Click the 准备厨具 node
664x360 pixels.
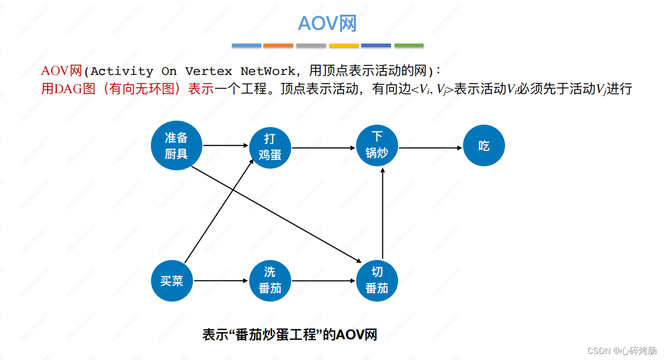pyautogui.click(x=176, y=145)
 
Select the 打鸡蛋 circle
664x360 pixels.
pyautogui.click(x=270, y=147)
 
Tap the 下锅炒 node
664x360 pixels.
pyautogui.click(x=377, y=145)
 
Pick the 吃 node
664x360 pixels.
pyautogui.click(x=484, y=146)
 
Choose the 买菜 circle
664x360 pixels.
pyautogui.click(x=172, y=281)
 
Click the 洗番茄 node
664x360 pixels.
pyautogui.click(x=270, y=281)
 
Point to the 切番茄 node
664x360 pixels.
pyautogui.click(x=377, y=281)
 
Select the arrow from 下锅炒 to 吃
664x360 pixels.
pyautogui.click(x=431, y=148)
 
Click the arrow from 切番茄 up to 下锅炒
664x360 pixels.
pyautogui.click(x=382, y=213)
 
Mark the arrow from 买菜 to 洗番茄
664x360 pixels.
pyautogui.click(x=221, y=281)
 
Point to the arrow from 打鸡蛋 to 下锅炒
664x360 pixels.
pyautogui.click(x=324, y=148)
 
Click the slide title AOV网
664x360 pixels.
pyautogui.click(x=328, y=23)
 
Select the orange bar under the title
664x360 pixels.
pyautogui.click(x=278, y=46)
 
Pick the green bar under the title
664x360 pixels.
pyautogui.click(x=409, y=46)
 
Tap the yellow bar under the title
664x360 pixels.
pyautogui.click(x=344, y=46)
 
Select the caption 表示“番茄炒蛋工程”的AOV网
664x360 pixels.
pyautogui.click(x=290, y=335)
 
